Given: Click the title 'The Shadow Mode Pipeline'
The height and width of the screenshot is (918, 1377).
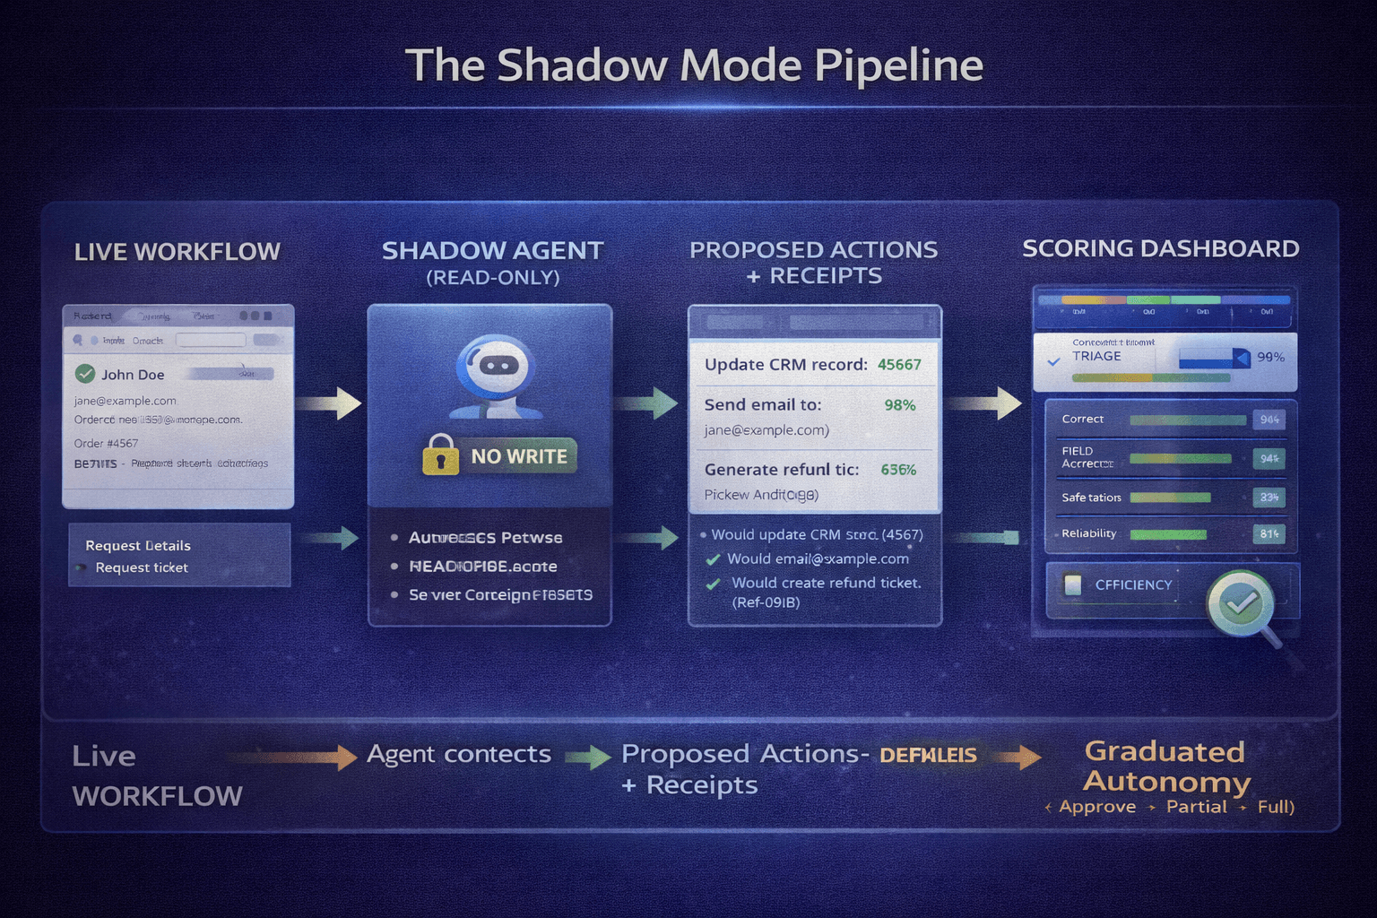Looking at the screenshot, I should [694, 65].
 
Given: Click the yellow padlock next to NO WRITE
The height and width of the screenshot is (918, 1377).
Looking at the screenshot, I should [440, 455].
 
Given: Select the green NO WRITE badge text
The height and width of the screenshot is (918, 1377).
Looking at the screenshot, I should [519, 456].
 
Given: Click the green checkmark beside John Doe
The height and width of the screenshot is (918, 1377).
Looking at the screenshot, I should [85, 374].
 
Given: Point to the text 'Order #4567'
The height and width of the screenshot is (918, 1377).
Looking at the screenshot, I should [106, 443].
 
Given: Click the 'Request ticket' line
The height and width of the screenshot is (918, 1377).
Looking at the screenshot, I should [142, 567].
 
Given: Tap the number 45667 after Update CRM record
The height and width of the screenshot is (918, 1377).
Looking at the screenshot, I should [899, 365].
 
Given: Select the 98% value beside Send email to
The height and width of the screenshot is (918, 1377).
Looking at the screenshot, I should [899, 405].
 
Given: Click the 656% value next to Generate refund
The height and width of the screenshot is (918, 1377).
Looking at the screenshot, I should [898, 470].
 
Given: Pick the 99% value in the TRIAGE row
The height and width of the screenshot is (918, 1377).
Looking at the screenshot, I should [1270, 357].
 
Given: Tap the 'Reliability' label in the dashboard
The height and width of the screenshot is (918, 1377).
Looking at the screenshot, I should [1088, 533].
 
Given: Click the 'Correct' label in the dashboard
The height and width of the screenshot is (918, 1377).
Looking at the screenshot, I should [1082, 419].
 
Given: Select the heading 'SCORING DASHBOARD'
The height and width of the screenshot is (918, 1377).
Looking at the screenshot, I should [1160, 248].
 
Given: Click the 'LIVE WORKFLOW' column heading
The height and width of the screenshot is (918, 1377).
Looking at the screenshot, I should [177, 252].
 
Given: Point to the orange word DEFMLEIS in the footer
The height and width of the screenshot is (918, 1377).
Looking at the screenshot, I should [928, 755].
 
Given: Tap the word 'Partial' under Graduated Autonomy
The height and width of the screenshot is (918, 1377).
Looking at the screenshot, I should [1196, 807].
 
